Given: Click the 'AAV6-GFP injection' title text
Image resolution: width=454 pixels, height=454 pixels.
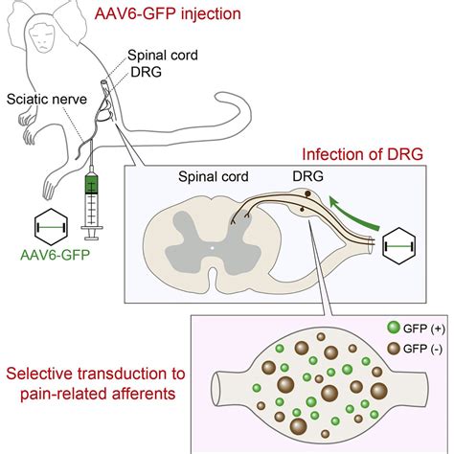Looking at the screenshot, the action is (x=168, y=14).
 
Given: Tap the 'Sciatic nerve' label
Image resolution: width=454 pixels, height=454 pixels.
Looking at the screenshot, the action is (x=47, y=100).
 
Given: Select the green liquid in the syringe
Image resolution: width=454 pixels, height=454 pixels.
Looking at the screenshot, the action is (x=92, y=184).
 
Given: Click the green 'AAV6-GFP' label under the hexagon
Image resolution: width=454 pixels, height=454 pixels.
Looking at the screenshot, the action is (x=56, y=255).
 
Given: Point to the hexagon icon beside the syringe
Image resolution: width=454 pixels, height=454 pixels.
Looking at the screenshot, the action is (x=51, y=227).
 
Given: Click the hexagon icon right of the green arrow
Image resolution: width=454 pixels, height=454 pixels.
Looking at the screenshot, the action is (x=399, y=245).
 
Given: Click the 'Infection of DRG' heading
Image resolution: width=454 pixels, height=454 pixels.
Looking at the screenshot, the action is (x=362, y=154).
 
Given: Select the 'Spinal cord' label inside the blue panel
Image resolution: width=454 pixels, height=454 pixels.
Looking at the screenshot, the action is (x=214, y=176).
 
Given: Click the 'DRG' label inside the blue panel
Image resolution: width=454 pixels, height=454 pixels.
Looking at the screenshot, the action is (x=307, y=176).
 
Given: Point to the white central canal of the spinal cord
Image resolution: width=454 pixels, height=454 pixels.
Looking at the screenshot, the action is (x=212, y=247).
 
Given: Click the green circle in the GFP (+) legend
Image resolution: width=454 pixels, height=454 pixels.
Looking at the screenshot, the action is (x=394, y=328).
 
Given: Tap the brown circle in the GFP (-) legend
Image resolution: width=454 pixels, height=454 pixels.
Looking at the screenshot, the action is (x=394, y=349).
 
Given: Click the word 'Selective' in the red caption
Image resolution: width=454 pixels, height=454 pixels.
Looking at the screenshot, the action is (x=37, y=374).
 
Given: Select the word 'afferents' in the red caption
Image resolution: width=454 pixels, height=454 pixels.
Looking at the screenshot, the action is (x=144, y=394).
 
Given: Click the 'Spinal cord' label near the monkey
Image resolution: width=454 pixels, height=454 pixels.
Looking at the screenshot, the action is (x=163, y=56).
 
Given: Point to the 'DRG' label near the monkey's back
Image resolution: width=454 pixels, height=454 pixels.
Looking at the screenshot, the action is (x=147, y=73).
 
